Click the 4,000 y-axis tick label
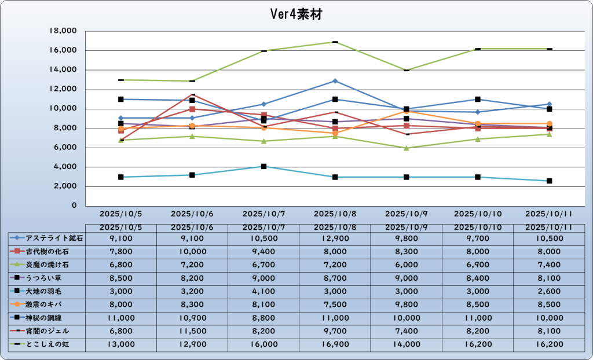coord(66,167)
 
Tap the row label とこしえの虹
coord(50,344)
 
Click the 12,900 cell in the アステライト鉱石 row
coord(335,237)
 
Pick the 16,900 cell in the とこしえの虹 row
coord(335,344)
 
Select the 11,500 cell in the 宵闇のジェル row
coord(192,331)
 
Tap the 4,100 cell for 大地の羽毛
coord(263,291)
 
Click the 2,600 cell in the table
coord(549,291)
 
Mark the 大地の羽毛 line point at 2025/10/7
coord(263,167)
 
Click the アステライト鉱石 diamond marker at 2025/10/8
coord(335,81)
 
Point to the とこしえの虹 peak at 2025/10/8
coord(335,42)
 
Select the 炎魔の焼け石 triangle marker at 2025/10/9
coord(407,148)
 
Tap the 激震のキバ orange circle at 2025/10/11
coord(549,124)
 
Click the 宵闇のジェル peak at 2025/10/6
coord(192,94)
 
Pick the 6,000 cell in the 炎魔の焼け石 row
coord(407,265)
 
